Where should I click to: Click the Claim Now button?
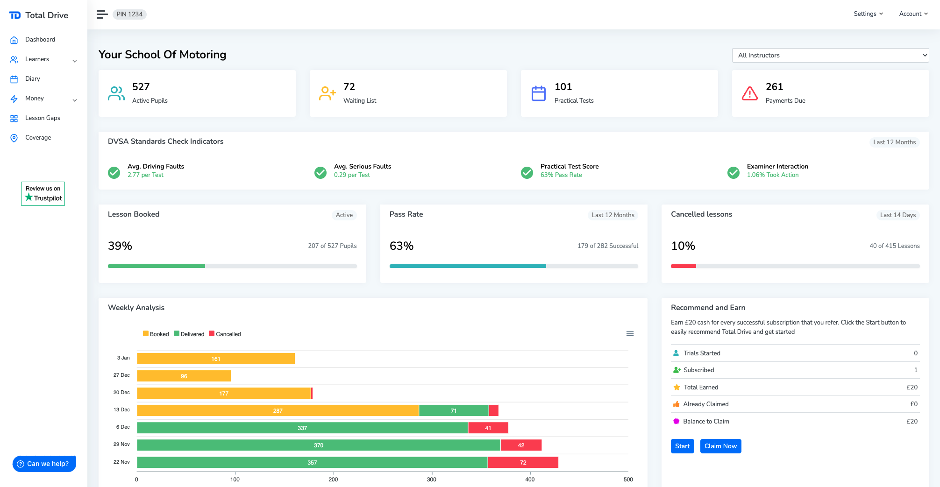click(720, 446)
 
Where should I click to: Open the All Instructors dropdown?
click(830, 55)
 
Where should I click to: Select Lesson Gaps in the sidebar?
click(43, 118)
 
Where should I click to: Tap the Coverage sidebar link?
click(38, 138)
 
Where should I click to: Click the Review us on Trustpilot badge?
click(43, 193)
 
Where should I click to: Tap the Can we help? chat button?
click(44, 464)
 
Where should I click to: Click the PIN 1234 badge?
click(129, 14)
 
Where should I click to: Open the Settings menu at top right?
click(868, 14)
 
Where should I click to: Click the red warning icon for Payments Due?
click(749, 93)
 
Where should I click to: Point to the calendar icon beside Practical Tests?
click(538, 93)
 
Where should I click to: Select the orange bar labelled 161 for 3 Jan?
click(215, 359)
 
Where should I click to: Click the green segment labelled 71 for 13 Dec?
click(453, 410)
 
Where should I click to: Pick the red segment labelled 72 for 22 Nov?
click(523, 462)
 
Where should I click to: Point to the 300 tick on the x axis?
click(431, 479)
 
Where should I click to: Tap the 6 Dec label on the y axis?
click(123, 427)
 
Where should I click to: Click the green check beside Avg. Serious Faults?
click(320, 173)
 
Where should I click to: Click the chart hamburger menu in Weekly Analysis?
click(630, 333)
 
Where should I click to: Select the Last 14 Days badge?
click(897, 215)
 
